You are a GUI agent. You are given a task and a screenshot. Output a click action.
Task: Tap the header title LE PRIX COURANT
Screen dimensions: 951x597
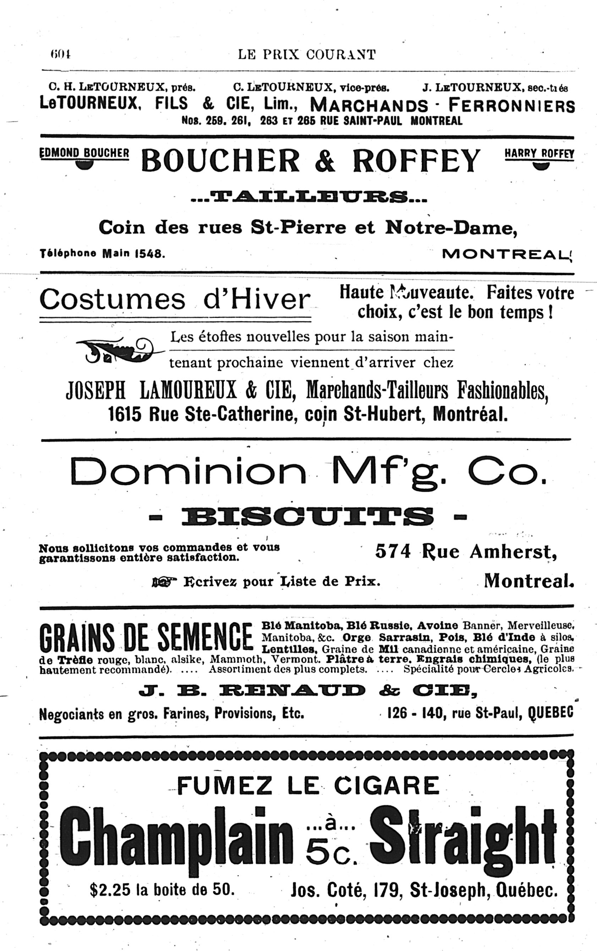coord(307,55)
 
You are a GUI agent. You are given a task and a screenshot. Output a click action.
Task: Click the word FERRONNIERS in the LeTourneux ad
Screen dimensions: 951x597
coord(512,106)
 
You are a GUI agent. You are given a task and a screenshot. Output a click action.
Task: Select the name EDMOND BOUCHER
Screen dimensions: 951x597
coord(84,153)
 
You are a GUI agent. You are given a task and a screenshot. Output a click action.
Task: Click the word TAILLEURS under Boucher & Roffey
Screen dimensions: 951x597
coord(309,196)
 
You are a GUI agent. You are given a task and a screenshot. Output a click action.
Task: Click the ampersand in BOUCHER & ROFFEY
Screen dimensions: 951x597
coord(325,161)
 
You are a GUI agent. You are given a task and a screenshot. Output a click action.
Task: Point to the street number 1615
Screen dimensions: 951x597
coord(125,414)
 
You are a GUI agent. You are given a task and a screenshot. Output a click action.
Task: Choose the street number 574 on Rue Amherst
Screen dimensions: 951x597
coord(393,551)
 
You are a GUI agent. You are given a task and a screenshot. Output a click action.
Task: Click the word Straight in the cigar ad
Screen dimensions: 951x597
coord(462,834)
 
